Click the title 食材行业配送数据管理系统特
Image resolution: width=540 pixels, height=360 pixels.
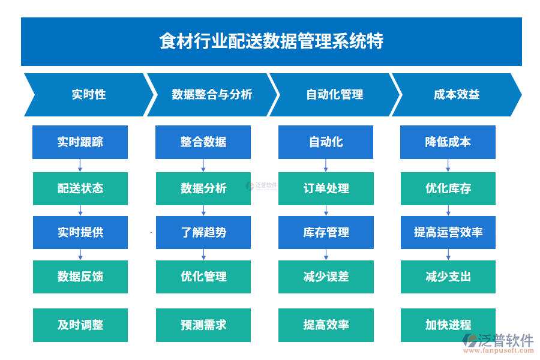(x=271, y=41)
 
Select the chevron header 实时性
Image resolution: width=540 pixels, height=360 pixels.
(x=88, y=95)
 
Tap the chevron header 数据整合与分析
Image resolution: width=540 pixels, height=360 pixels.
(x=212, y=95)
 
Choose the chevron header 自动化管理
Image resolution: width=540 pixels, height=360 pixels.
(x=334, y=95)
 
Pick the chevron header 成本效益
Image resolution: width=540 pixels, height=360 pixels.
(x=457, y=95)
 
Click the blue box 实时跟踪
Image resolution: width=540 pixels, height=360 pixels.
(x=80, y=142)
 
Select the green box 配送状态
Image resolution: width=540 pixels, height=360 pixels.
(x=80, y=188)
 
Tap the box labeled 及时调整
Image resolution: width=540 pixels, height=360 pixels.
(x=80, y=325)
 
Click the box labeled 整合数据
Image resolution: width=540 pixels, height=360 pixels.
(x=203, y=142)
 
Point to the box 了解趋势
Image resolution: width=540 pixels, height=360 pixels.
(x=203, y=232)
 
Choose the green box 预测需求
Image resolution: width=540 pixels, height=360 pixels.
(x=203, y=325)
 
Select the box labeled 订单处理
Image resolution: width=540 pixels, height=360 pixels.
(x=326, y=188)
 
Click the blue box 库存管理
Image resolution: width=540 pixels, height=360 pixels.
(x=326, y=232)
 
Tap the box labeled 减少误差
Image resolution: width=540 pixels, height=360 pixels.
(x=326, y=277)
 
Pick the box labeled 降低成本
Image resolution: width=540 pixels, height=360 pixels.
(x=448, y=142)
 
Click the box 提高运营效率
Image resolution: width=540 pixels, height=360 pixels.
(x=448, y=232)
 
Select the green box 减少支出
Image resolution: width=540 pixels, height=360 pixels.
(x=448, y=277)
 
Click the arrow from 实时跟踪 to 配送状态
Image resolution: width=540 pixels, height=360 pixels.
(x=80, y=166)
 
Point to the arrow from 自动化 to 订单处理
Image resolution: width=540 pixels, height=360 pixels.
(x=326, y=166)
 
